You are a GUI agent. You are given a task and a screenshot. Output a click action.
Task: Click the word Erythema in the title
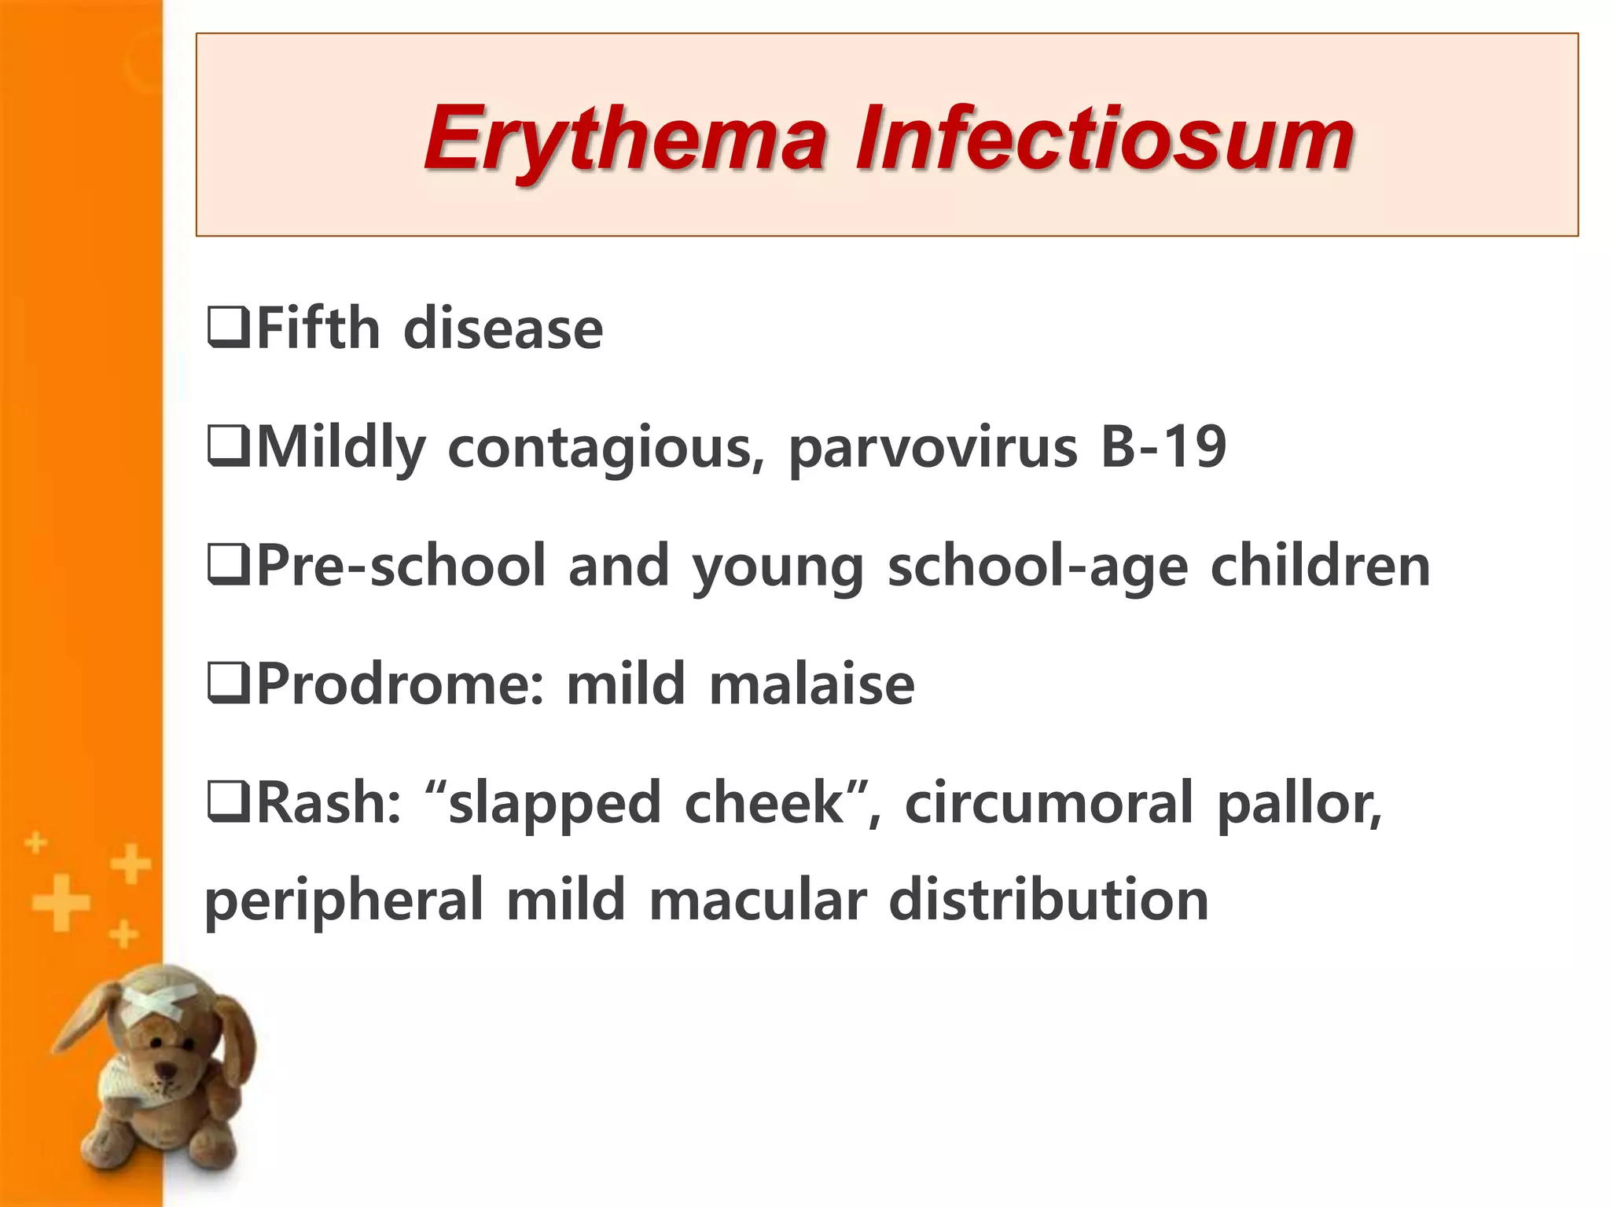pyautogui.click(x=625, y=139)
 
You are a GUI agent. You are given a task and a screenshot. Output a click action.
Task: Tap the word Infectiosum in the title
pyautogui.click(x=1105, y=139)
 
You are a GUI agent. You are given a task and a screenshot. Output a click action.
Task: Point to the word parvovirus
pyautogui.click(x=933, y=448)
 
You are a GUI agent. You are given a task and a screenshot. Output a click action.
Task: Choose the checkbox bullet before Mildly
pyautogui.click(x=228, y=447)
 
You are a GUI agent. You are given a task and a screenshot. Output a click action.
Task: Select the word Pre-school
pyautogui.click(x=401, y=566)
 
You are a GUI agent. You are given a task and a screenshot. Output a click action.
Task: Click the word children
pyautogui.click(x=1320, y=566)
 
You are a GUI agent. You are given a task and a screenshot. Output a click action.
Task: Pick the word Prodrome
pyautogui.click(x=401, y=684)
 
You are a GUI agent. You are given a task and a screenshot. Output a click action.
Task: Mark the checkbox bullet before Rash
pyautogui.click(x=228, y=802)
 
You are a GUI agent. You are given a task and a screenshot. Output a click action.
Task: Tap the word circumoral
pyautogui.click(x=1049, y=803)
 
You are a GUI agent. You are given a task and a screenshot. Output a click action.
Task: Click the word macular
pyautogui.click(x=758, y=901)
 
